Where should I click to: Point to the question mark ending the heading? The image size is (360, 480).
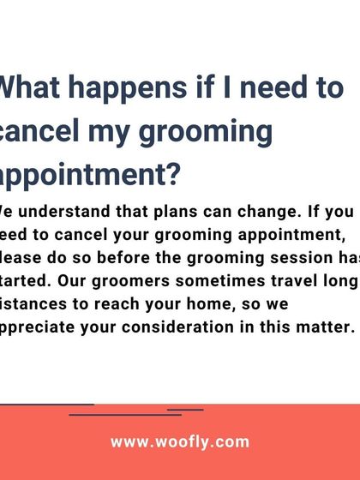[x=171, y=176]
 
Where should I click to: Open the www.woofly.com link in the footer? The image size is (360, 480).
[x=180, y=442]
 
